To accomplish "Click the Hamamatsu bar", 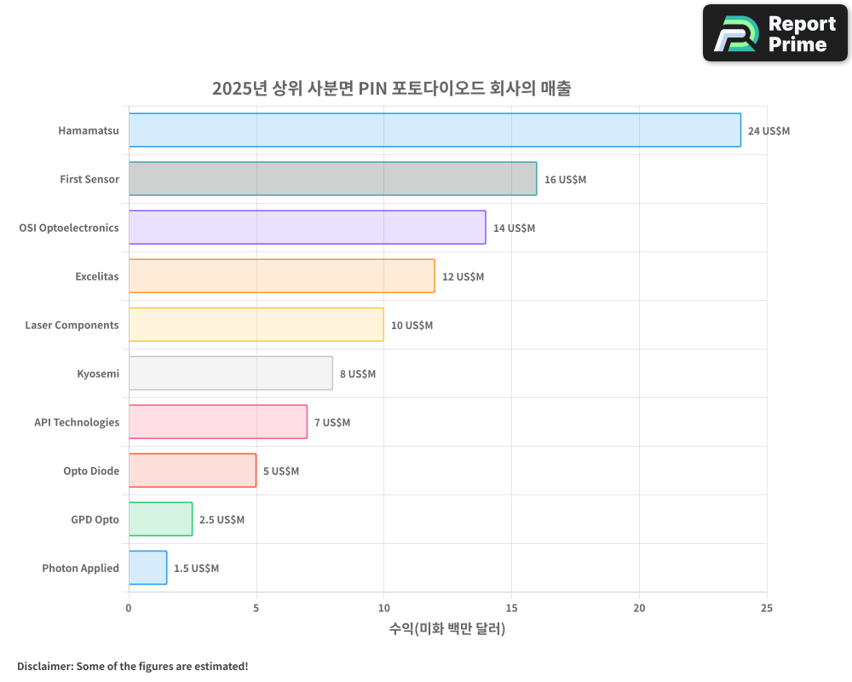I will pos(435,130).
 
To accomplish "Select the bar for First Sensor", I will pos(332,179).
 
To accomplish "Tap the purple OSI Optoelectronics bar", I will pos(307,228).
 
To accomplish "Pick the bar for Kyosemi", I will pos(230,373).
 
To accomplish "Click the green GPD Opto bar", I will pos(160,519).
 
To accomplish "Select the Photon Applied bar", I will pos(147,568).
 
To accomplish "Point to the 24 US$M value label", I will pos(769,131).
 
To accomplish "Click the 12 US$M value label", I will pos(463,277).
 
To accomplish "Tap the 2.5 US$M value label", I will pos(222,520).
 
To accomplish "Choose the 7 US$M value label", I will pos(331,423).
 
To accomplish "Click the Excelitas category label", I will pos(96,276).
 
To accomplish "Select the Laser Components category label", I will pos(72,325).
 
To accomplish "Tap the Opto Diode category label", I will pos(91,471).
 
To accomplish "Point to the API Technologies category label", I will pos(77,422).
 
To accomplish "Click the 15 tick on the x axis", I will pos(511,608).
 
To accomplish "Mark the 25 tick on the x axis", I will pos(767,608).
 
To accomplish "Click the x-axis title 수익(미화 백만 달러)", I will pos(447,629).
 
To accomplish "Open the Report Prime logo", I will pos(774,33).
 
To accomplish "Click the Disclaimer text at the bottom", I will pos(133,666).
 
